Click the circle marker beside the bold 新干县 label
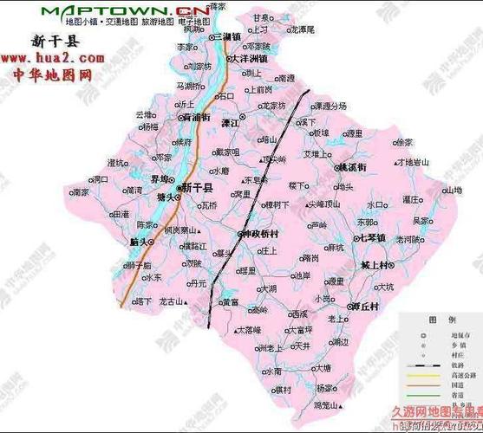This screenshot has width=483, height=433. point(179,188)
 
